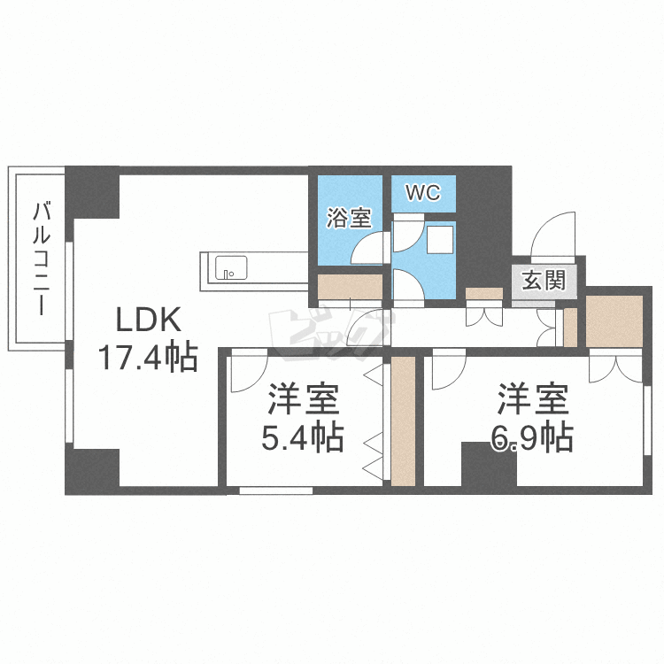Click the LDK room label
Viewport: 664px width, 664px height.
click(x=149, y=320)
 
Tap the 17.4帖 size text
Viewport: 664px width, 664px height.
click(x=149, y=358)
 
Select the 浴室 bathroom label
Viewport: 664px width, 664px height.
click(x=349, y=218)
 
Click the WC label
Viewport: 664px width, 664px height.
click(x=423, y=193)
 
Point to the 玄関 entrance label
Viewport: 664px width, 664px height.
click(x=544, y=280)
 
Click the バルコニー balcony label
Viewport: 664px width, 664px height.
click(x=42, y=259)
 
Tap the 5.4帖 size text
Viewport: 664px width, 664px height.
click(x=303, y=438)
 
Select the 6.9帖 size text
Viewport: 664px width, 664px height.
click(x=532, y=438)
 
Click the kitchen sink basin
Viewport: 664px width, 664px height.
click(x=231, y=267)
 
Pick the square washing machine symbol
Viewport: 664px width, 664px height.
click(x=439, y=240)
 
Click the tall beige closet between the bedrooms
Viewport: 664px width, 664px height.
click(x=403, y=421)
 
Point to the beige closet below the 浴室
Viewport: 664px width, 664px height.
click(x=351, y=287)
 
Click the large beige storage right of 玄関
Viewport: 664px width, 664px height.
click(x=614, y=321)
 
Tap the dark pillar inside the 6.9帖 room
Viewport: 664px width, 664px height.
click(x=489, y=464)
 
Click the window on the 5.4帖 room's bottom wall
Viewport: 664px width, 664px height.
click(x=276, y=490)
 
